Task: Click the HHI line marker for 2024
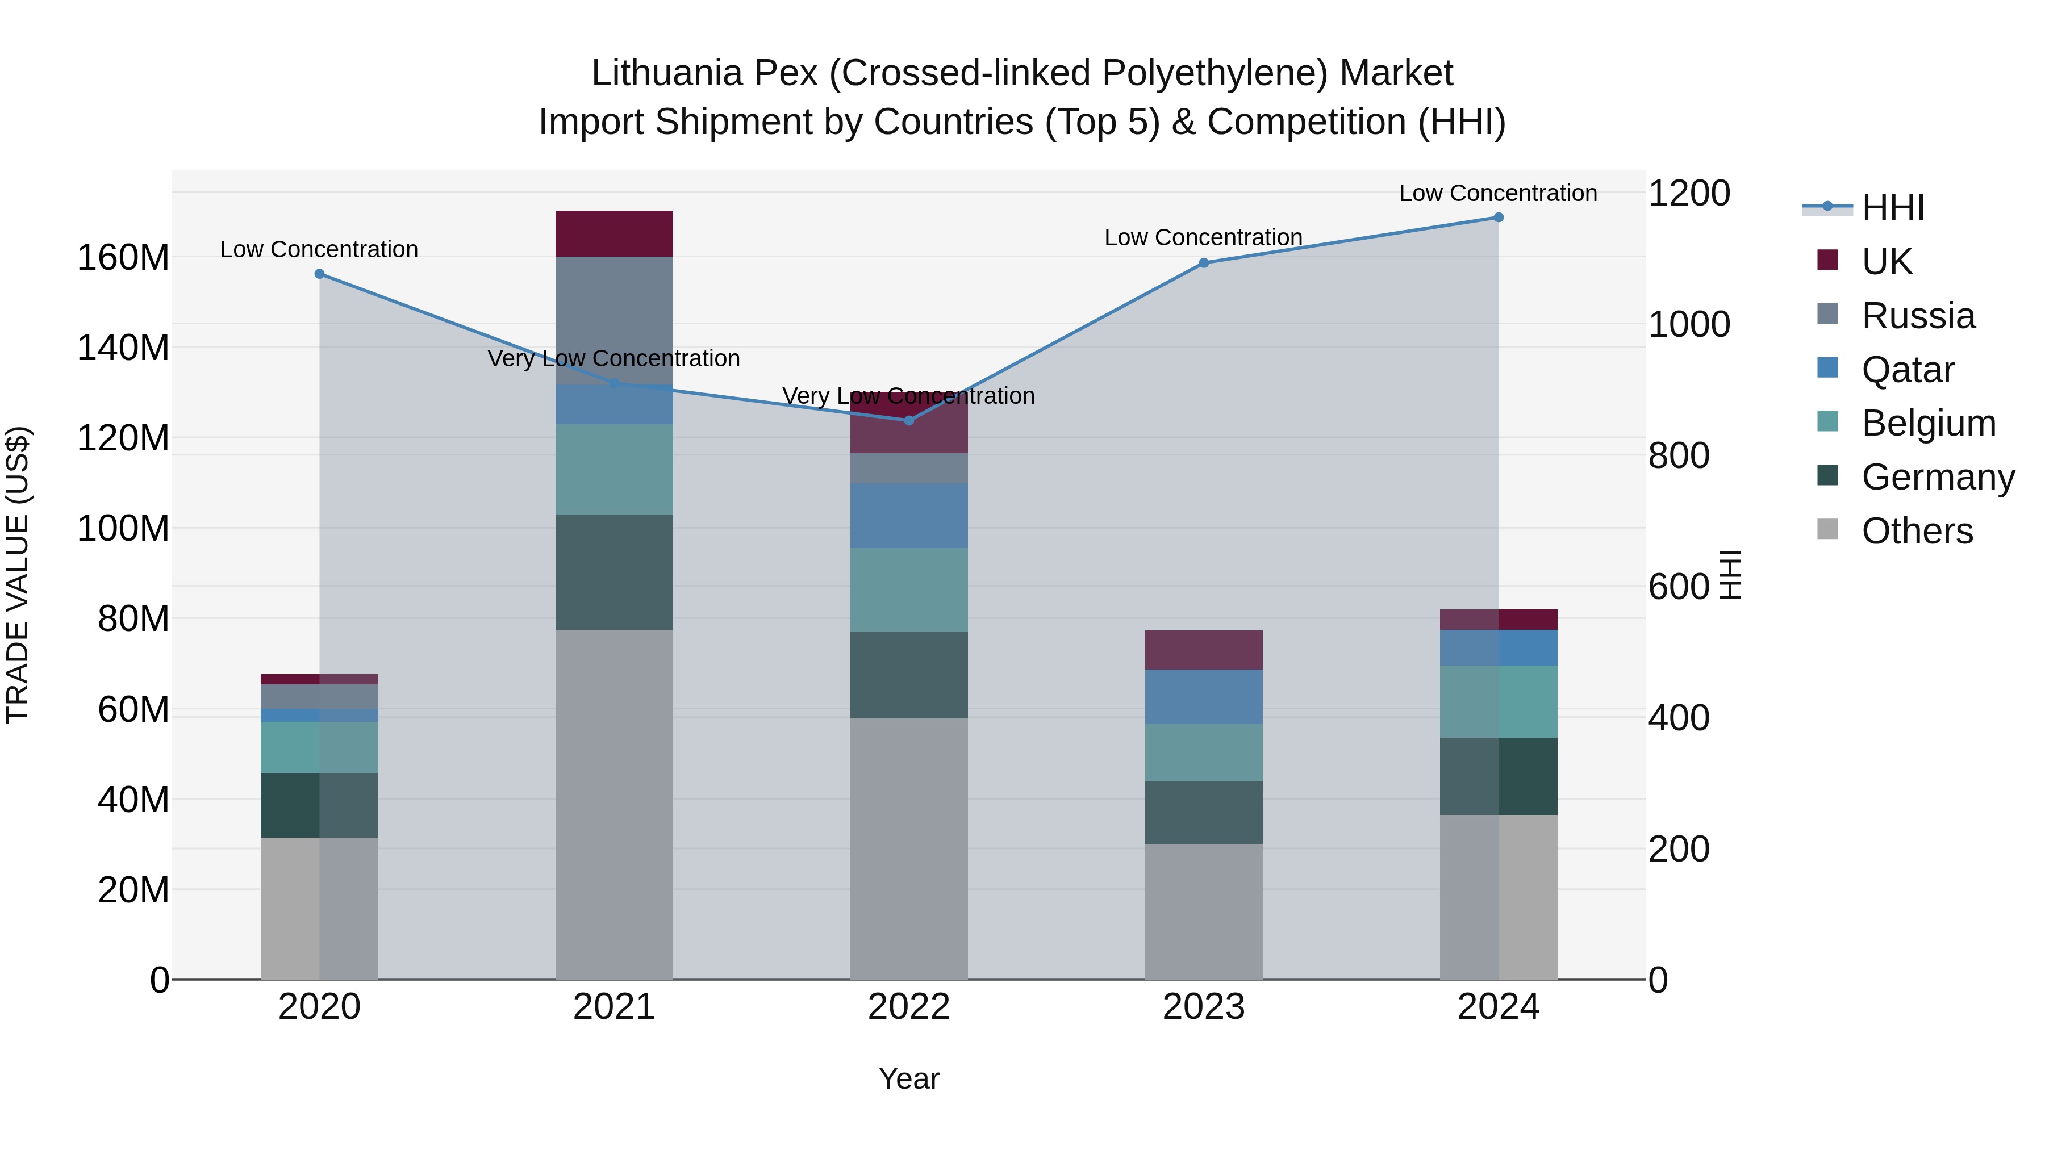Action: (1498, 218)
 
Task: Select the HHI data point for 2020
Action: (319, 274)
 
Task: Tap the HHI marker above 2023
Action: (1204, 263)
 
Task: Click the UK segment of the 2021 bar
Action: (613, 233)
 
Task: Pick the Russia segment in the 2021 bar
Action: (613, 317)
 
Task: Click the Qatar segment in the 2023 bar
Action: (1204, 696)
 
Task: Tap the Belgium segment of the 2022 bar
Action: (909, 589)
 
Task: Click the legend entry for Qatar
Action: (1907, 370)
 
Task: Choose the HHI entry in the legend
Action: (1893, 208)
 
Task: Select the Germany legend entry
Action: (1937, 477)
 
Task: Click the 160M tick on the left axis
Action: (123, 258)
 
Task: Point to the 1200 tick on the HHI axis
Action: (1689, 193)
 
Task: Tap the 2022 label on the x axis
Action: (909, 1007)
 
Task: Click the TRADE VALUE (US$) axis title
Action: (18, 575)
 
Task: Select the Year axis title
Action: (909, 1078)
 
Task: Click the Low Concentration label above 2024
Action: (1498, 193)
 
